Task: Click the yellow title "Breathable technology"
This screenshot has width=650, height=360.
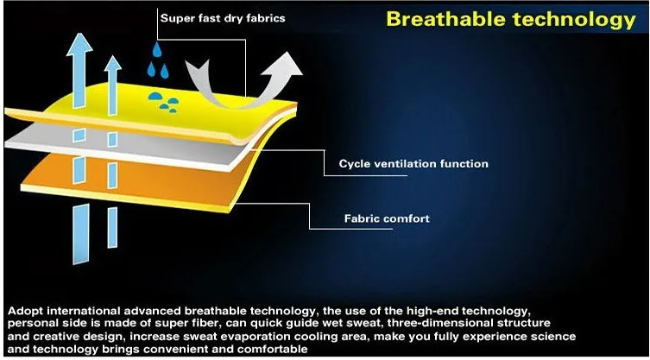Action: pyautogui.click(x=511, y=20)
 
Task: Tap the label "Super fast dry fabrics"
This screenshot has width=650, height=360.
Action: pyautogui.click(x=223, y=18)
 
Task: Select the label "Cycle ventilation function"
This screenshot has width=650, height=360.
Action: pyautogui.click(x=413, y=164)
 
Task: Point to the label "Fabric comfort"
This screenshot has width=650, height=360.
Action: pyautogui.click(x=387, y=218)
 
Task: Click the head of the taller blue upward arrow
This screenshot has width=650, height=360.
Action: pyautogui.click(x=79, y=43)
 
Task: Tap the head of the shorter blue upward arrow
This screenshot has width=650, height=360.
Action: pyautogui.click(x=112, y=63)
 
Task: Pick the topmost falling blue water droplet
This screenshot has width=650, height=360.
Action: pyautogui.click(x=157, y=49)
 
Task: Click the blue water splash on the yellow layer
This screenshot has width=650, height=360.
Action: pyautogui.click(x=164, y=102)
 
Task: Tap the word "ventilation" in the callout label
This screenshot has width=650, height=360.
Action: pyautogui.click(x=405, y=164)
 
